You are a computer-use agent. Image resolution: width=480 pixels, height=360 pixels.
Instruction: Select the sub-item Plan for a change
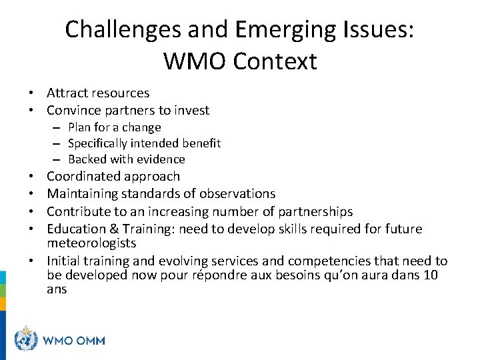[x=114, y=127]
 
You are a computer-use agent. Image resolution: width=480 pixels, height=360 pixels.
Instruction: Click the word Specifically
[x=98, y=143]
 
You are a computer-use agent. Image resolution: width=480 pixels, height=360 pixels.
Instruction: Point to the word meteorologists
[x=91, y=243]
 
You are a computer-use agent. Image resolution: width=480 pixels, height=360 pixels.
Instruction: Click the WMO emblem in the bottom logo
[x=26, y=339]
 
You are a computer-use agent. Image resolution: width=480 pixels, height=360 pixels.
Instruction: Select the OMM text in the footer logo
[x=89, y=340]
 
